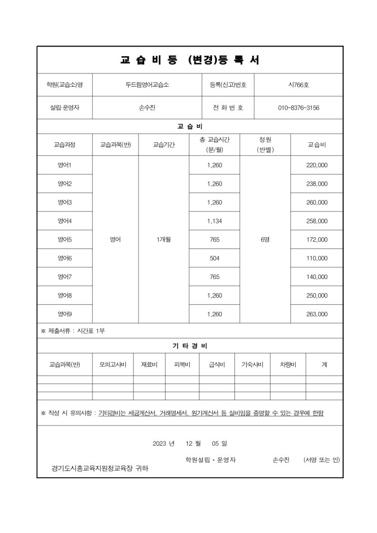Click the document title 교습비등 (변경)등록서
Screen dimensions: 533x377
190,60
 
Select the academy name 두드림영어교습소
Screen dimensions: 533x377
148,85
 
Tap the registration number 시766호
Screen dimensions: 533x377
298,85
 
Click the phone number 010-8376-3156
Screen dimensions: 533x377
298,108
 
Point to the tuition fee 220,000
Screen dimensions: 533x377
317,165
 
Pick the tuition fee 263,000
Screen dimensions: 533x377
317,314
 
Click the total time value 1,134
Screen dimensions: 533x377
215,221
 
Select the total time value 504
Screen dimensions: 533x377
215,258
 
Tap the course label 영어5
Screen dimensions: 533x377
64,239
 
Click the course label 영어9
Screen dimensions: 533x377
64,314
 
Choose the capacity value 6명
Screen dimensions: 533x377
265,239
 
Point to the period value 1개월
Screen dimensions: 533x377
164,239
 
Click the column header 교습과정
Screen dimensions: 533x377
64,145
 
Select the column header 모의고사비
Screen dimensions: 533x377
113,364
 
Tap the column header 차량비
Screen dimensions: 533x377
288,364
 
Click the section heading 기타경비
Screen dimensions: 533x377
190,346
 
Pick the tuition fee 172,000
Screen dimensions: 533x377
317,239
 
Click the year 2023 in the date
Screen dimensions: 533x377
160,443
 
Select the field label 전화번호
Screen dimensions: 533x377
228,108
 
